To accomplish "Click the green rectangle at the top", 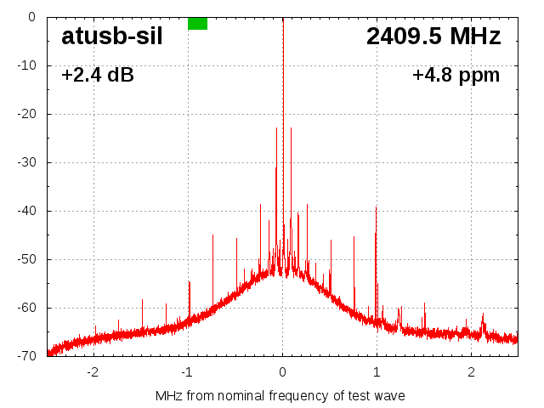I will point(197,23).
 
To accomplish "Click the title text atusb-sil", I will point(111,37).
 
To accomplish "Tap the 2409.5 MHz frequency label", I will point(433,37).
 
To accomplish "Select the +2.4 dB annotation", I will point(98,75).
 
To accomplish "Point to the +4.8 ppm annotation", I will point(456,75).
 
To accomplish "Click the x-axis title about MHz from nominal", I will point(280,395).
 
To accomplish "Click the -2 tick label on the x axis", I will point(93,372).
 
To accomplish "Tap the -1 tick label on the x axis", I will point(187,372).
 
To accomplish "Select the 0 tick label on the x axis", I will point(282,372).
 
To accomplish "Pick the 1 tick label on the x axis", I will point(377,372).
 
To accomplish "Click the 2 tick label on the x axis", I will point(471,372).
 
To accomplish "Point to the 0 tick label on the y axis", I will point(31,16).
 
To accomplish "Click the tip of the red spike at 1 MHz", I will point(376,207).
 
